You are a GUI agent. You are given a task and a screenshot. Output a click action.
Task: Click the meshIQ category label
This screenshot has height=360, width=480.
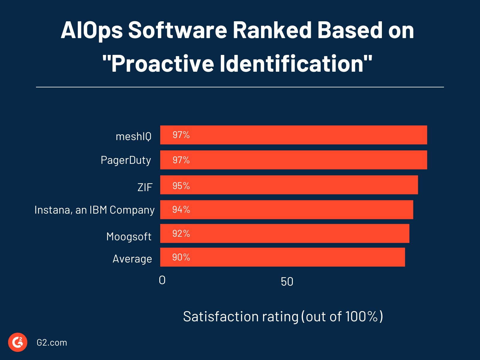[x=133, y=136]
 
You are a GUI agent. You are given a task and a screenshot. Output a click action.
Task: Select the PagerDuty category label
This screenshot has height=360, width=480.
[x=126, y=160]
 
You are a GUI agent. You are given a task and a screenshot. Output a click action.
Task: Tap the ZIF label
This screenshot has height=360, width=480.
[x=145, y=187]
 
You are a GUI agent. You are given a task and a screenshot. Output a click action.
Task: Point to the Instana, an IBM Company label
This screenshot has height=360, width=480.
[x=94, y=210]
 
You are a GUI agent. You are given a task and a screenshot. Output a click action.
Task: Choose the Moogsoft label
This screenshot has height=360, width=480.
[x=129, y=237]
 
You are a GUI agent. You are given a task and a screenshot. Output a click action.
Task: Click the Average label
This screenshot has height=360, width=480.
[x=132, y=259]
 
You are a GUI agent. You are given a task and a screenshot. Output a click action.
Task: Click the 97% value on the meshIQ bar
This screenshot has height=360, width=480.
[x=181, y=135]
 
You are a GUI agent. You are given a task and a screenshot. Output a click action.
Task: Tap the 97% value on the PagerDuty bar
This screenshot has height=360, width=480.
[x=181, y=160]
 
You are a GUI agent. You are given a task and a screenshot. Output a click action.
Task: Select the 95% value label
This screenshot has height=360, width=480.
[x=181, y=186]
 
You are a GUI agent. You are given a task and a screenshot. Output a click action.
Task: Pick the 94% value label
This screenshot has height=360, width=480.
[x=181, y=210]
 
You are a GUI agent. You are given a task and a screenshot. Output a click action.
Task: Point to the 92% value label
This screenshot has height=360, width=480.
[x=181, y=234]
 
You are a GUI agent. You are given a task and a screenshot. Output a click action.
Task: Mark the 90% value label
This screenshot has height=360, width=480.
[x=181, y=257]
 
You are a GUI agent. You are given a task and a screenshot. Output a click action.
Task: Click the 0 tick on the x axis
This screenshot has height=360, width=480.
[x=162, y=280]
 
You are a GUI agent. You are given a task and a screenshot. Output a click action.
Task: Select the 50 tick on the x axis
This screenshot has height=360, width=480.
[x=287, y=282]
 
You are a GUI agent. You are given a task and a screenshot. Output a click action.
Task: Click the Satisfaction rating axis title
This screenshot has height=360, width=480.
[x=283, y=317]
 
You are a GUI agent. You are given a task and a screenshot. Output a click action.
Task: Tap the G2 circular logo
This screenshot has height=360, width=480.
[x=18, y=342]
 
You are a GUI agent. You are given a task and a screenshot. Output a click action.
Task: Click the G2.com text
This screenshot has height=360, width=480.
[x=52, y=343]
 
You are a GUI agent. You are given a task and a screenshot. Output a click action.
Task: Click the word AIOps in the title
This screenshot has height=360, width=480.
[x=92, y=30]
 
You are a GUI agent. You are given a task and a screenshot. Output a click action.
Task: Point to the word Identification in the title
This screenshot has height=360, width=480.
[x=296, y=64]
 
